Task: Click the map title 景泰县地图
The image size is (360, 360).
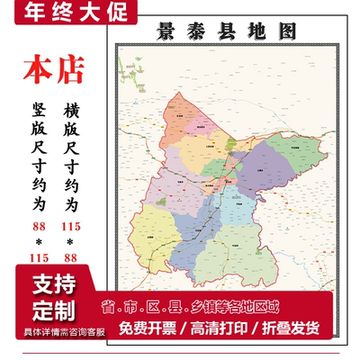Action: coord(232,31)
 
